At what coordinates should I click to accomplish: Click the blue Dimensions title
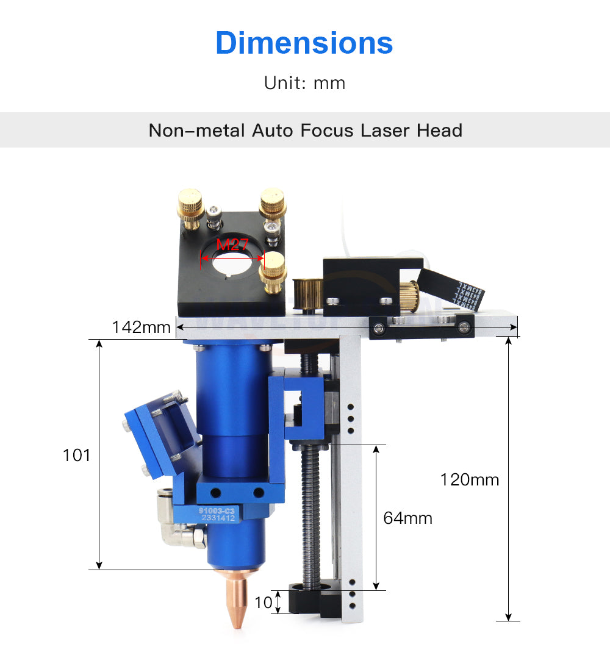(304, 43)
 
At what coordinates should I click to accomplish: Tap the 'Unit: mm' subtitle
(304, 83)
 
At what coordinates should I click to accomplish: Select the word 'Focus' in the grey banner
(327, 130)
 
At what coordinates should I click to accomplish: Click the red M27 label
(232, 245)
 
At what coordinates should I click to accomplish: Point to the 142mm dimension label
(141, 327)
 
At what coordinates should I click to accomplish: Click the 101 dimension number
(76, 455)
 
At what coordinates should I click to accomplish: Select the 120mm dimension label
(470, 479)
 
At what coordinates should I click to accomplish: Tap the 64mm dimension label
(407, 518)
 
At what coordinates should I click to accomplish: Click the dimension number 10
(263, 603)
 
